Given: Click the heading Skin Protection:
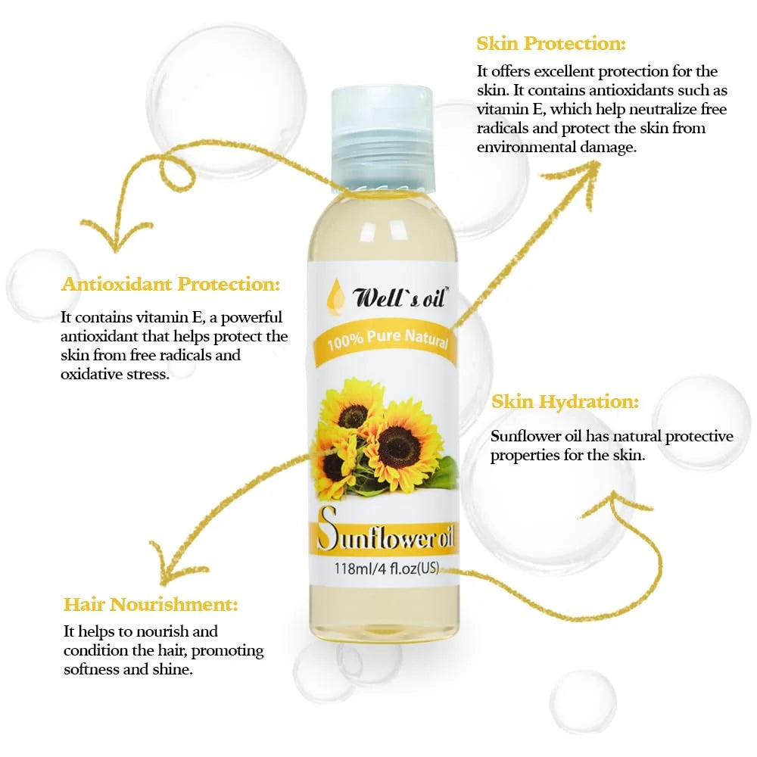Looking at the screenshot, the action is click(551, 43).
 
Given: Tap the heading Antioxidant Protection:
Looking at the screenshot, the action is click(170, 284).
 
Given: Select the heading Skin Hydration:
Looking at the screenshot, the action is click(565, 402).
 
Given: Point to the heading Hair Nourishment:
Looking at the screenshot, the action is click(151, 604).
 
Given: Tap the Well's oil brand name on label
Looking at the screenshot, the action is click(400, 297).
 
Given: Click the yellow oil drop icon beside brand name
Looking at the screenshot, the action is click(336, 294).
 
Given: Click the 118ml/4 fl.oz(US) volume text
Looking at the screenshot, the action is click(387, 569).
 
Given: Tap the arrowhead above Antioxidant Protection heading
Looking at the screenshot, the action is click(116, 234).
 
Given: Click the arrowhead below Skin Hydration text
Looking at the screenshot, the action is click(614, 503).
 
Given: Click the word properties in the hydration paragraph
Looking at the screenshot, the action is click(521, 456).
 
